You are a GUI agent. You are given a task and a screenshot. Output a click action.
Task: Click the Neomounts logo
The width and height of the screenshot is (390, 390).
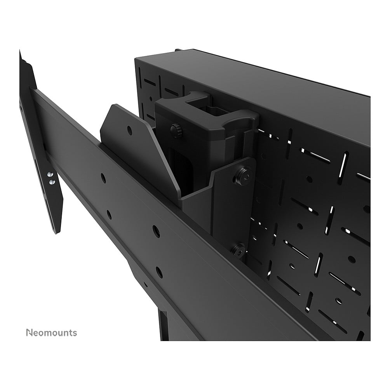pyautogui.click(x=52, y=333)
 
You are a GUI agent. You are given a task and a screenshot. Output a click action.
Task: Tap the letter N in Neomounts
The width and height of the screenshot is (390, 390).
pyautogui.click(x=30, y=333)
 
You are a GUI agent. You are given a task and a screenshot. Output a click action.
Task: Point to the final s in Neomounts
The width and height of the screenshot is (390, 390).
pyautogui.click(x=75, y=334)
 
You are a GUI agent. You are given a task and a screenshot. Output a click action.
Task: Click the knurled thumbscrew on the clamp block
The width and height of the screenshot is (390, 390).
pyautogui.click(x=176, y=130)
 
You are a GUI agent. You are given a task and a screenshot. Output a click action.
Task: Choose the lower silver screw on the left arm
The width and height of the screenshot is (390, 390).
pyautogui.click(x=52, y=182)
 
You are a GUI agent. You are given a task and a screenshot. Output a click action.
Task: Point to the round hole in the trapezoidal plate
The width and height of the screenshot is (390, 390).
pyautogui.click(x=130, y=130)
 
